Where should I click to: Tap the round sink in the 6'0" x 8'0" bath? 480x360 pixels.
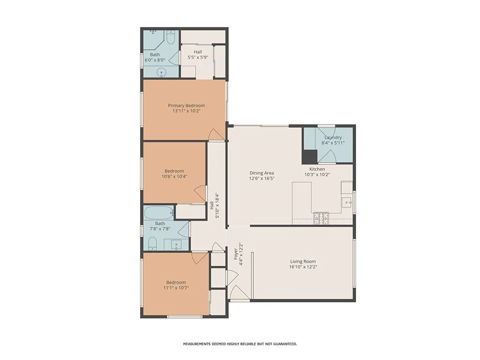pyautogui.click(x=161, y=72)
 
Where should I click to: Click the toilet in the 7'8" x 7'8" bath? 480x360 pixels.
pyautogui.click(x=152, y=242)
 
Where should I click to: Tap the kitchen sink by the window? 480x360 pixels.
pyautogui.click(x=347, y=202)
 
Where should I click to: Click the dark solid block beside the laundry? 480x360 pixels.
pyautogui.click(x=309, y=156)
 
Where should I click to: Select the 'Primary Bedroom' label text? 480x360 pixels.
pyautogui.click(x=187, y=105)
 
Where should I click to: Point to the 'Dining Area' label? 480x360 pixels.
pyautogui.click(x=262, y=173)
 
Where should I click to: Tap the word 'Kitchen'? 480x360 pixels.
pyautogui.click(x=317, y=169)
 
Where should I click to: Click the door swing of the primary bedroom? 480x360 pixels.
pyautogui.click(x=216, y=135)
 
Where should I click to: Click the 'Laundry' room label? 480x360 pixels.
pyautogui.click(x=333, y=137)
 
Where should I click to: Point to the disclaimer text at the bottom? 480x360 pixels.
pyautogui.click(x=240, y=344)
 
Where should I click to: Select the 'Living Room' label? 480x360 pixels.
pyautogui.click(x=303, y=262)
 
